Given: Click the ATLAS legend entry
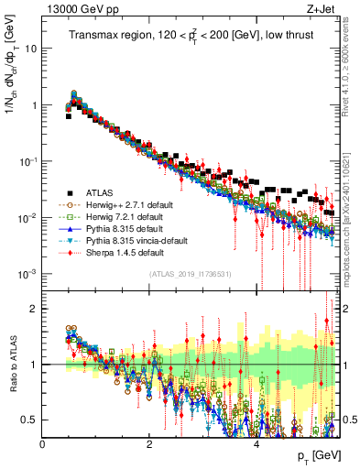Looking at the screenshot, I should coord(98,193).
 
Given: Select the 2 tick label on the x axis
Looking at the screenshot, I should coord(149,444).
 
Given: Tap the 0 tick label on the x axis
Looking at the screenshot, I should coord(43,444).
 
